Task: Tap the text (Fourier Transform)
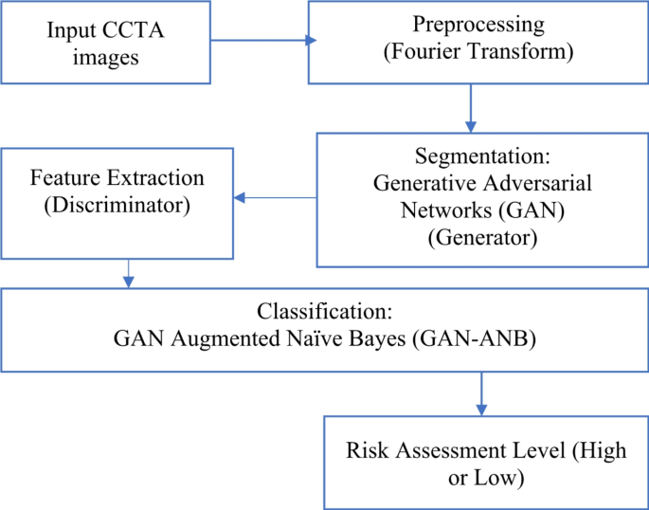click(x=478, y=52)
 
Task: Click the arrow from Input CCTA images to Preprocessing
click(x=261, y=41)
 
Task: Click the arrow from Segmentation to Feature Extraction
click(x=275, y=198)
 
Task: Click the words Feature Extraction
click(x=118, y=177)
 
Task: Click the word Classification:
click(x=324, y=311)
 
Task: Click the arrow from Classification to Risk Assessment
click(x=483, y=391)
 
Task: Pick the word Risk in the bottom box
click(x=363, y=451)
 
